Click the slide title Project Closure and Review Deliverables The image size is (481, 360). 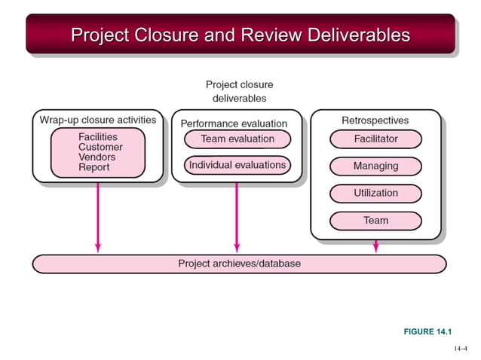pos(240,35)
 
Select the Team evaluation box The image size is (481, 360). pos(237,139)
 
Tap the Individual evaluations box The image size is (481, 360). pos(237,165)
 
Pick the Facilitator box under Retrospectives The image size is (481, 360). pos(375,139)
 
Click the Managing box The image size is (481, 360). pos(375,166)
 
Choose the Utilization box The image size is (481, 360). pos(375,194)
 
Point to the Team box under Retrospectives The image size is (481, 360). pos(375,221)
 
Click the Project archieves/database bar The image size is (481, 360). pos(239,264)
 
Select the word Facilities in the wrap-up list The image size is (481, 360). pos(98,137)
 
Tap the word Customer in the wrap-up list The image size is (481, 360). pos(100,148)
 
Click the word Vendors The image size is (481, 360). pos(97,157)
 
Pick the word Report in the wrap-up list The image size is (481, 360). pos(94,167)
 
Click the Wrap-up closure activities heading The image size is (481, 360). pos(98,120)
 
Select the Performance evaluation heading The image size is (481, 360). pos(234,123)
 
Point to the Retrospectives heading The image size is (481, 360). pos(375,121)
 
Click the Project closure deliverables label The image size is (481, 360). pos(239,91)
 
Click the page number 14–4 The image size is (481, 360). pos(461,349)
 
